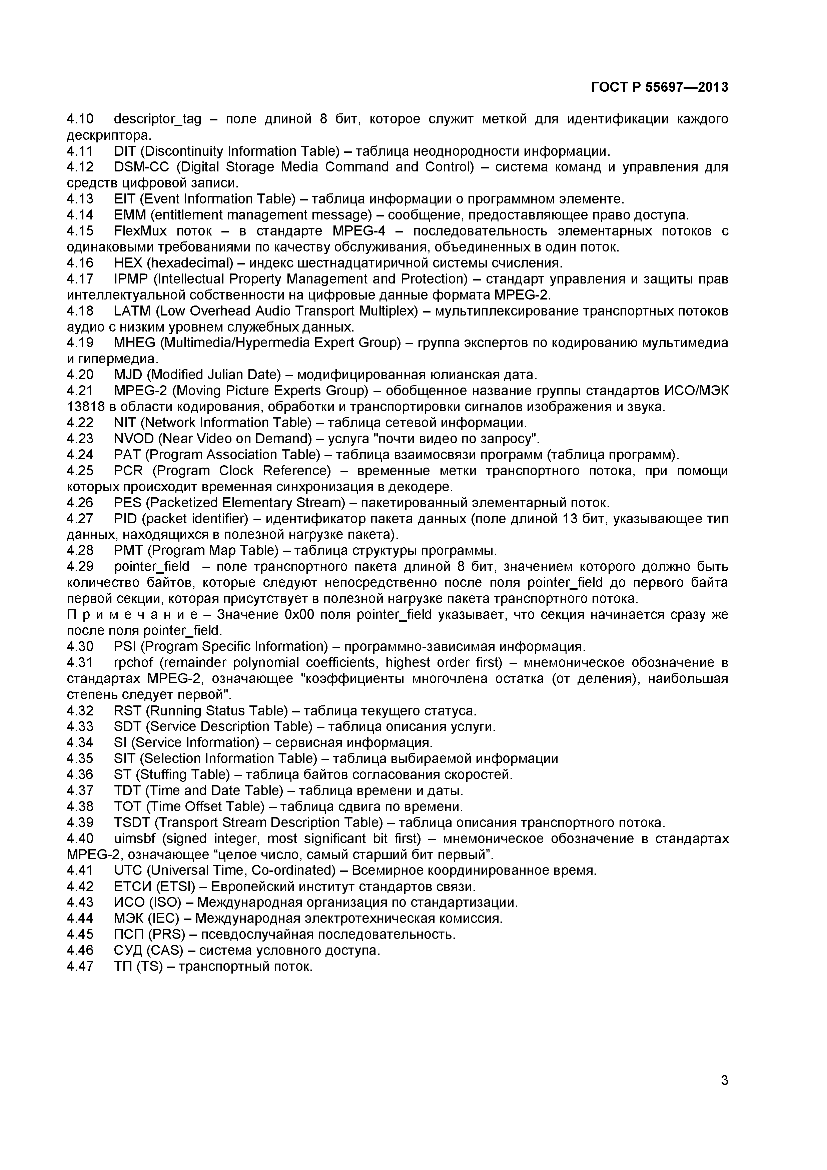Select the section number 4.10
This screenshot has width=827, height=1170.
80,119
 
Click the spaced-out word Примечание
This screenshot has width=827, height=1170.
138,615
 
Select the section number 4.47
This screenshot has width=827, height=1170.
80,966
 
